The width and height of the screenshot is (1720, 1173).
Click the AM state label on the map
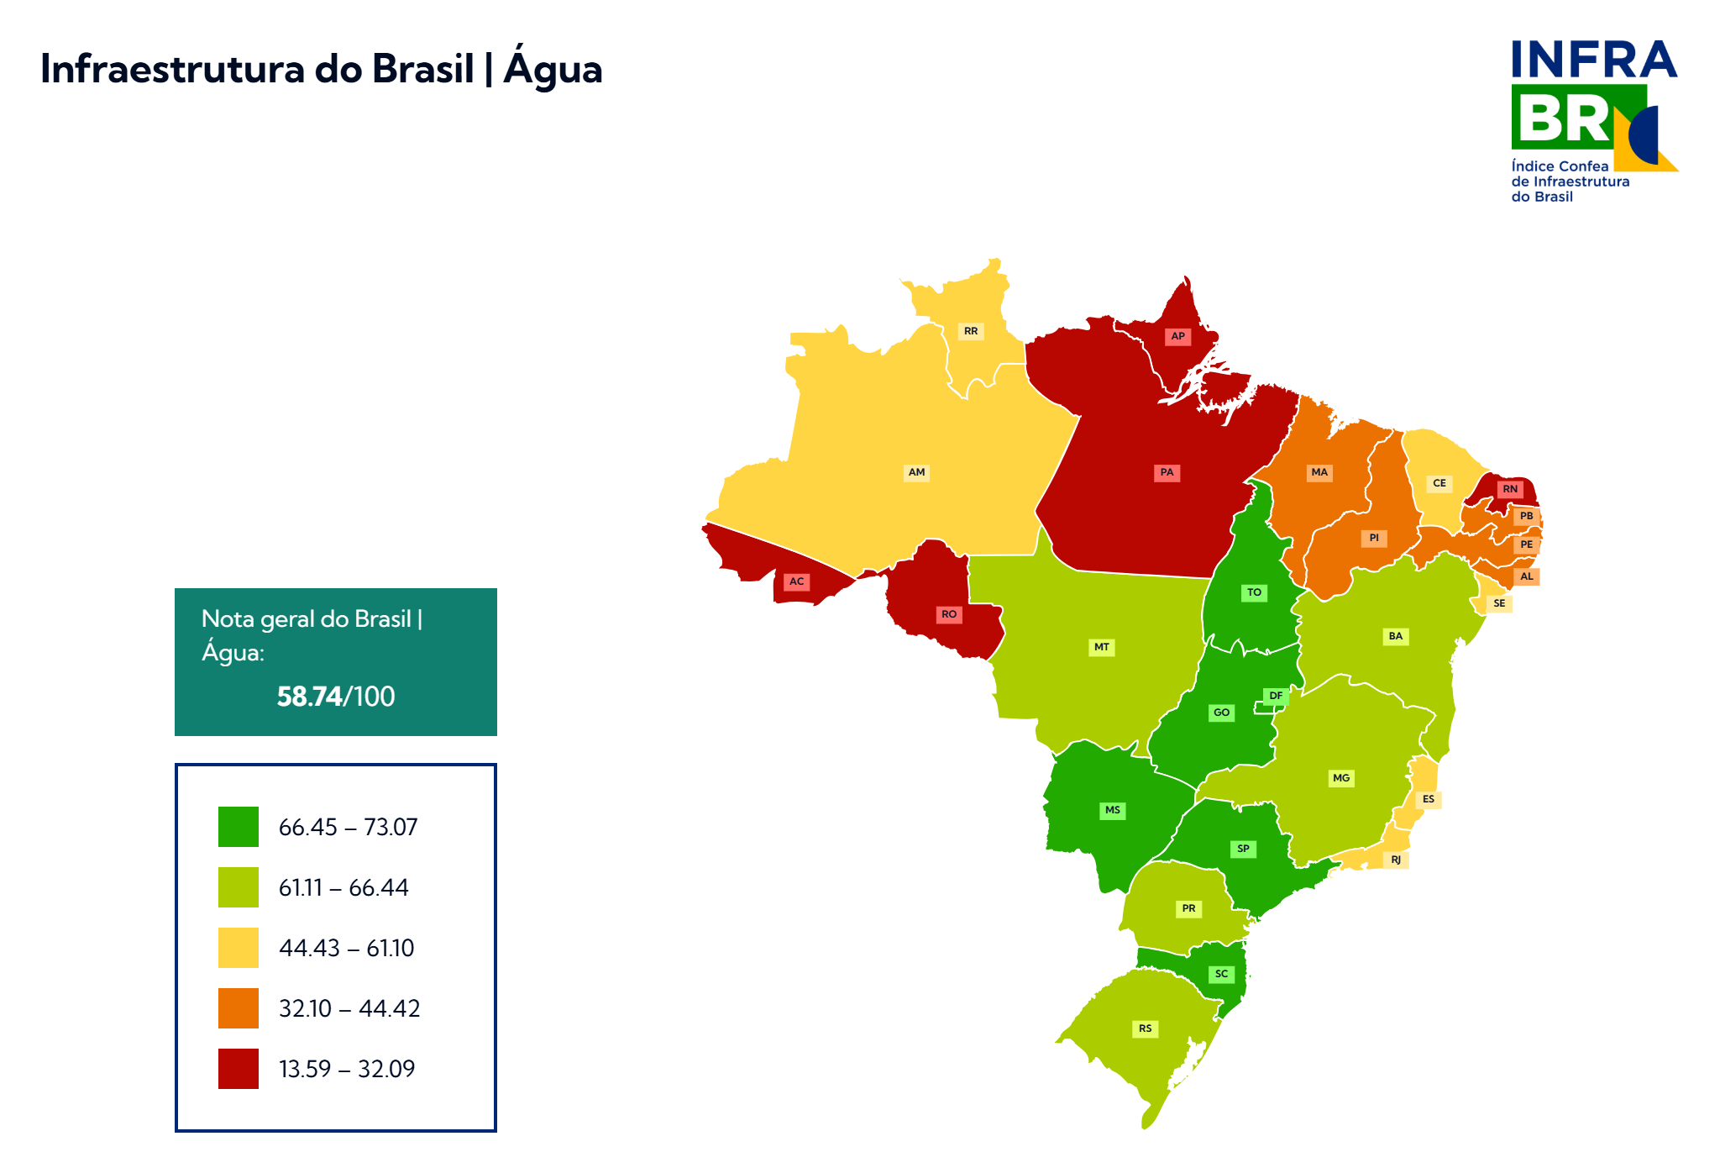tap(916, 472)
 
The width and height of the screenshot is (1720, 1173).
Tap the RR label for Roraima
tap(971, 331)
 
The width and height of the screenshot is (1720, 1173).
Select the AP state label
tap(1177, 336)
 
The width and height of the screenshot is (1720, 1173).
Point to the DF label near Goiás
tap(1276, 696)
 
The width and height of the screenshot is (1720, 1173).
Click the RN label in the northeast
tap(1510, 489)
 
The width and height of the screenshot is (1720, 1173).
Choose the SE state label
tap(1499, 603)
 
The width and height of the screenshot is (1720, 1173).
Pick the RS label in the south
tap(1146, 1028)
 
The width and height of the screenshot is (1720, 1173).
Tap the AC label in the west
tap(796, 581)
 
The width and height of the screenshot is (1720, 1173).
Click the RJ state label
tap(1396, 860)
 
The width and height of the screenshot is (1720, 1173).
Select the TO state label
tap(1254, 592)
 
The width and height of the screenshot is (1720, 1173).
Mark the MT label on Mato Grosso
tap(1102, 647)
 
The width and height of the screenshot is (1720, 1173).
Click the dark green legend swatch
tap(239, 827)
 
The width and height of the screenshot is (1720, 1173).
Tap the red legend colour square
tap(239, 1069)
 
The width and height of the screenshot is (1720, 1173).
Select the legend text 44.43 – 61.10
tap(346, 948)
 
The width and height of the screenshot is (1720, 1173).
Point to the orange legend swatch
tap(239, 1008)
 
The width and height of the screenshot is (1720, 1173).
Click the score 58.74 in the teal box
tap(309, 697)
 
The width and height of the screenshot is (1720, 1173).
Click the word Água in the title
tap(553, 69)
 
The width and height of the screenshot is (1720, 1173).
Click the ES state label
tap(1429, 799)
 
